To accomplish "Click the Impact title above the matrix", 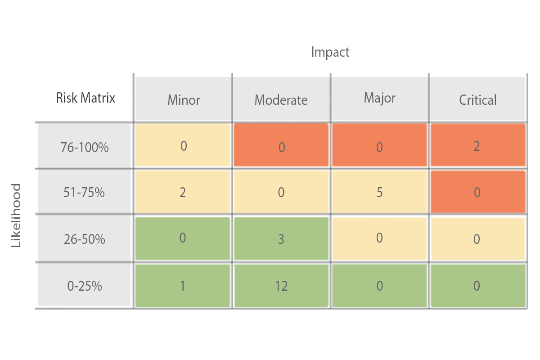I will [330, 52].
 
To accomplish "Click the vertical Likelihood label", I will [16, 215].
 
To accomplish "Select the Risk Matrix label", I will [85, 98].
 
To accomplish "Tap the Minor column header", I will [184, 99].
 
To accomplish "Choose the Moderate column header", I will [281, 99].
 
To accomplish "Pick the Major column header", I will [379, 98].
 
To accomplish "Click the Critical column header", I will [477, 99].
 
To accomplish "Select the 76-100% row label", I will [85, 147].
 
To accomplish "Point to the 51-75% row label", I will [85, 193].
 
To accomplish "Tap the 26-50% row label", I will [85, 239].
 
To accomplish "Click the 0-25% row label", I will [85, 286].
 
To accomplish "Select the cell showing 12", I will [281, 286].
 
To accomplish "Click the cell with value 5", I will [379, 193].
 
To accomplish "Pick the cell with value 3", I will [281, 239].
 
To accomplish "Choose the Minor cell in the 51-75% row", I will [183, 193].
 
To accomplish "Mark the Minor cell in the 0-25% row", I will [183, 286].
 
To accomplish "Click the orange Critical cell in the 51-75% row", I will [477, 193].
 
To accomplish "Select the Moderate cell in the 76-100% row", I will [281, 147].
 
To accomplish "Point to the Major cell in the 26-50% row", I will [379, 238].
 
